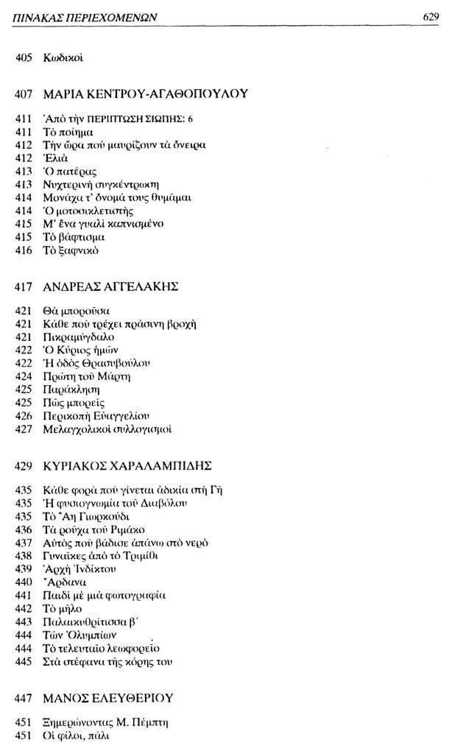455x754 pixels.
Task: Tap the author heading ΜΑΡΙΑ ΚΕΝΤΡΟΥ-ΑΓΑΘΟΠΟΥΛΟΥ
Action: pos(147,94)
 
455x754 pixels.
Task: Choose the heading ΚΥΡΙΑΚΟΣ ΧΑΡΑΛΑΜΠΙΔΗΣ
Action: pos(127,465)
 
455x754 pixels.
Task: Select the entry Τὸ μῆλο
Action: pos(65,607)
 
